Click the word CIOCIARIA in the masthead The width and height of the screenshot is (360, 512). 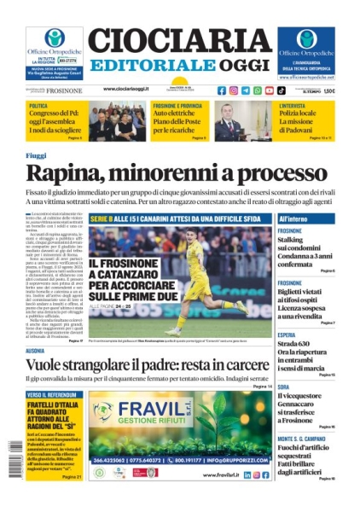click(x=180, y=43)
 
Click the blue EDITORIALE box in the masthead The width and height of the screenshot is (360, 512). click(x=146, y=67)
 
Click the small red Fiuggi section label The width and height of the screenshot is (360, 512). click(x=36, y=155)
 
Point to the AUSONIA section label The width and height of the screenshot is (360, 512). click(x=35, y=351)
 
